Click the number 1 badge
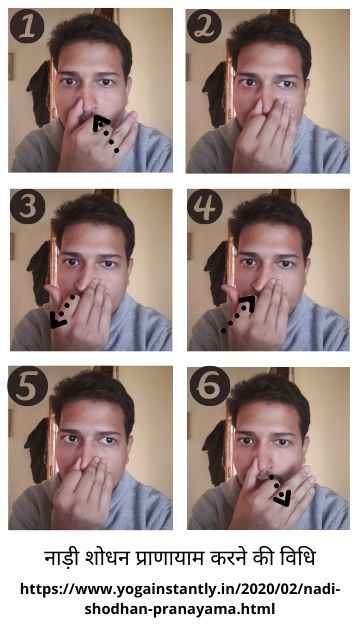27,27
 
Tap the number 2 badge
204,27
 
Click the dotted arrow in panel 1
105,134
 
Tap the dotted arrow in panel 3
63,311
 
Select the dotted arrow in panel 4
239,314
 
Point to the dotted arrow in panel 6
280,490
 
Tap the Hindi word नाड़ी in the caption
60,559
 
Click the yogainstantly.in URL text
180,599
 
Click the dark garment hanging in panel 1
40,94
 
